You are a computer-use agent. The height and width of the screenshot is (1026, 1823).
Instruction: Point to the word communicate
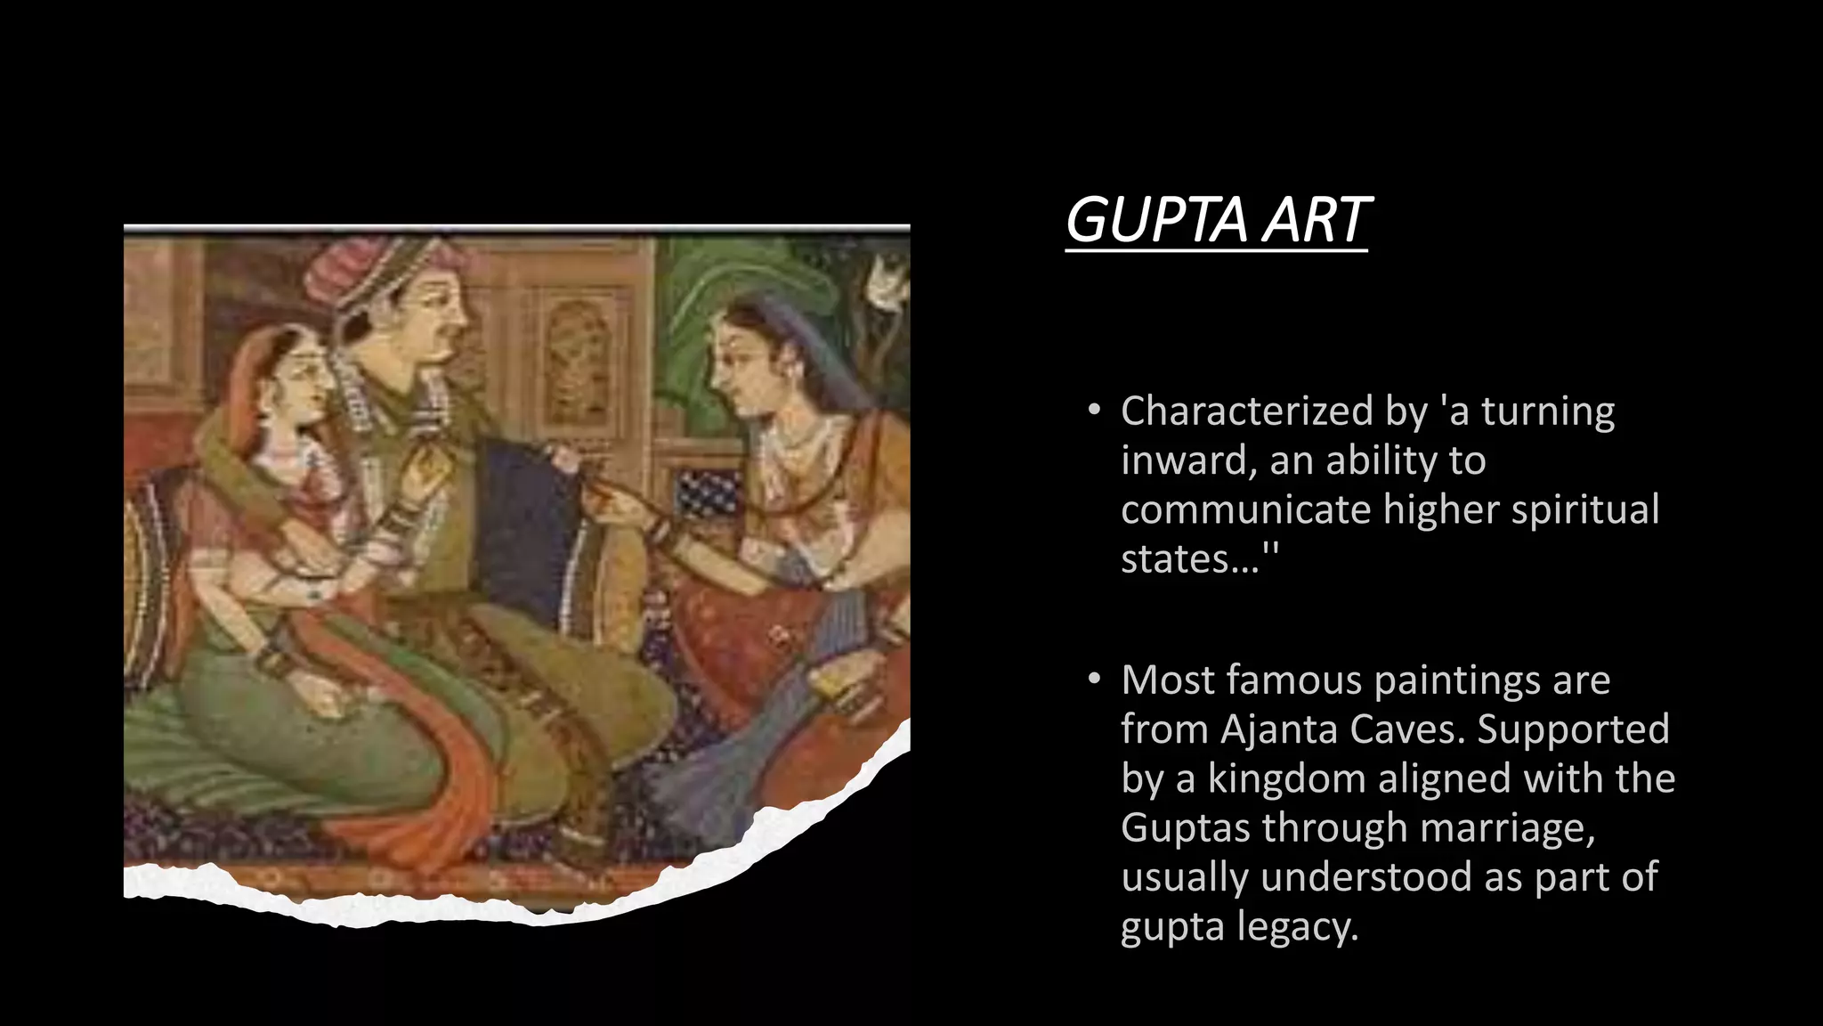(x=1246, y=510)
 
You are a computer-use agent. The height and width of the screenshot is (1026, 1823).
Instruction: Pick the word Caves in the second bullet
(x=1406, y=729)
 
